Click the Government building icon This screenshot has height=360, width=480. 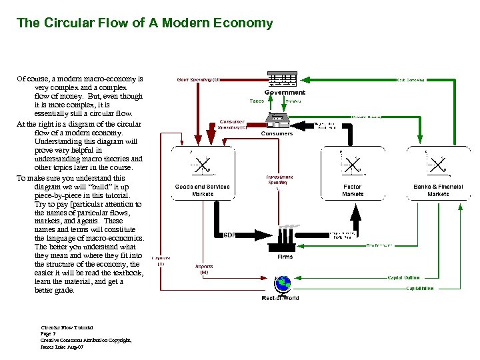point(281,79)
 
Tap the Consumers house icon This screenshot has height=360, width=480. point(276,120)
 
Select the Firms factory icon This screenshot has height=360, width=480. point(285,237)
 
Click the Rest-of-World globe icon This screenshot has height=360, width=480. point(283,285)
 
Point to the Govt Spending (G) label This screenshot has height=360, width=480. point(198,79)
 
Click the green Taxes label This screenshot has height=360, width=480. point(257,101)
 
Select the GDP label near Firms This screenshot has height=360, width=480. point(229,235)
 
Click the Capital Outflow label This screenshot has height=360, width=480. point(404,277)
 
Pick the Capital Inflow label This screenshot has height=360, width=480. point(419,288)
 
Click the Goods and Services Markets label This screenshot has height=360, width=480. point(202,190)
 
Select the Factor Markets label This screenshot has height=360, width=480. point(353,190)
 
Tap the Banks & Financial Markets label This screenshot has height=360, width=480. point(438,190)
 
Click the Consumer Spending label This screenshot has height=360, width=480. point(232,125)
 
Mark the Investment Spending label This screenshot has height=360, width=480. point(279,179)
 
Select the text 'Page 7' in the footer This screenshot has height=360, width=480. point(49,334)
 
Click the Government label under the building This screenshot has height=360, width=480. point(285,93)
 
